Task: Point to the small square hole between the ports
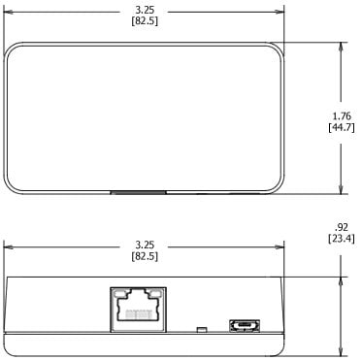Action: pyautogui.click(x=200, y=330)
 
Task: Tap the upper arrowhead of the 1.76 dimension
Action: pyautogui.click(x=340, y=46)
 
